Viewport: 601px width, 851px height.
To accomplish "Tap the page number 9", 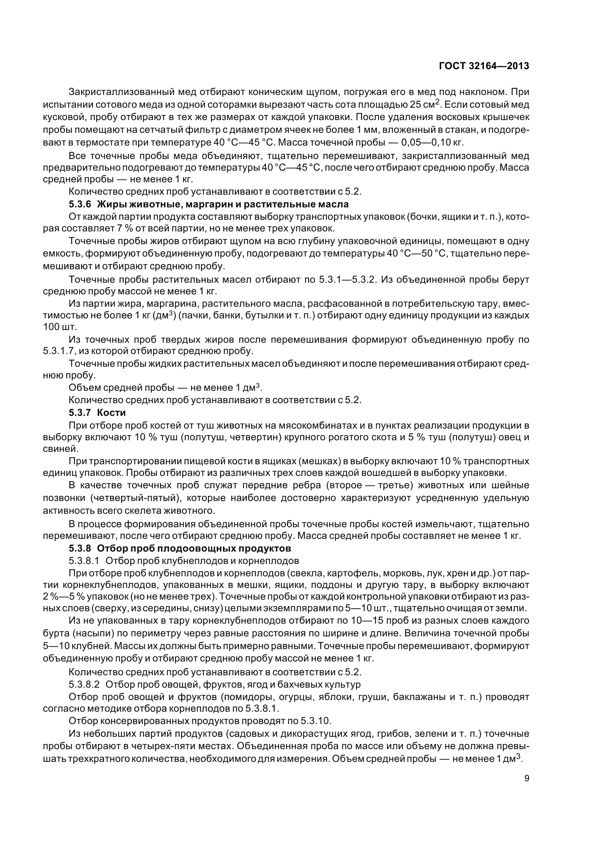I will point(526,778).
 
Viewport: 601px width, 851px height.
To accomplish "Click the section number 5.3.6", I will point(80,204).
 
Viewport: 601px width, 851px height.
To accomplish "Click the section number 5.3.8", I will point(80,548).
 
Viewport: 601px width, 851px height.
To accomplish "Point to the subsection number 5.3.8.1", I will point(84,560).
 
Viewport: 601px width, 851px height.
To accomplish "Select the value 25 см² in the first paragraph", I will point(423,104).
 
